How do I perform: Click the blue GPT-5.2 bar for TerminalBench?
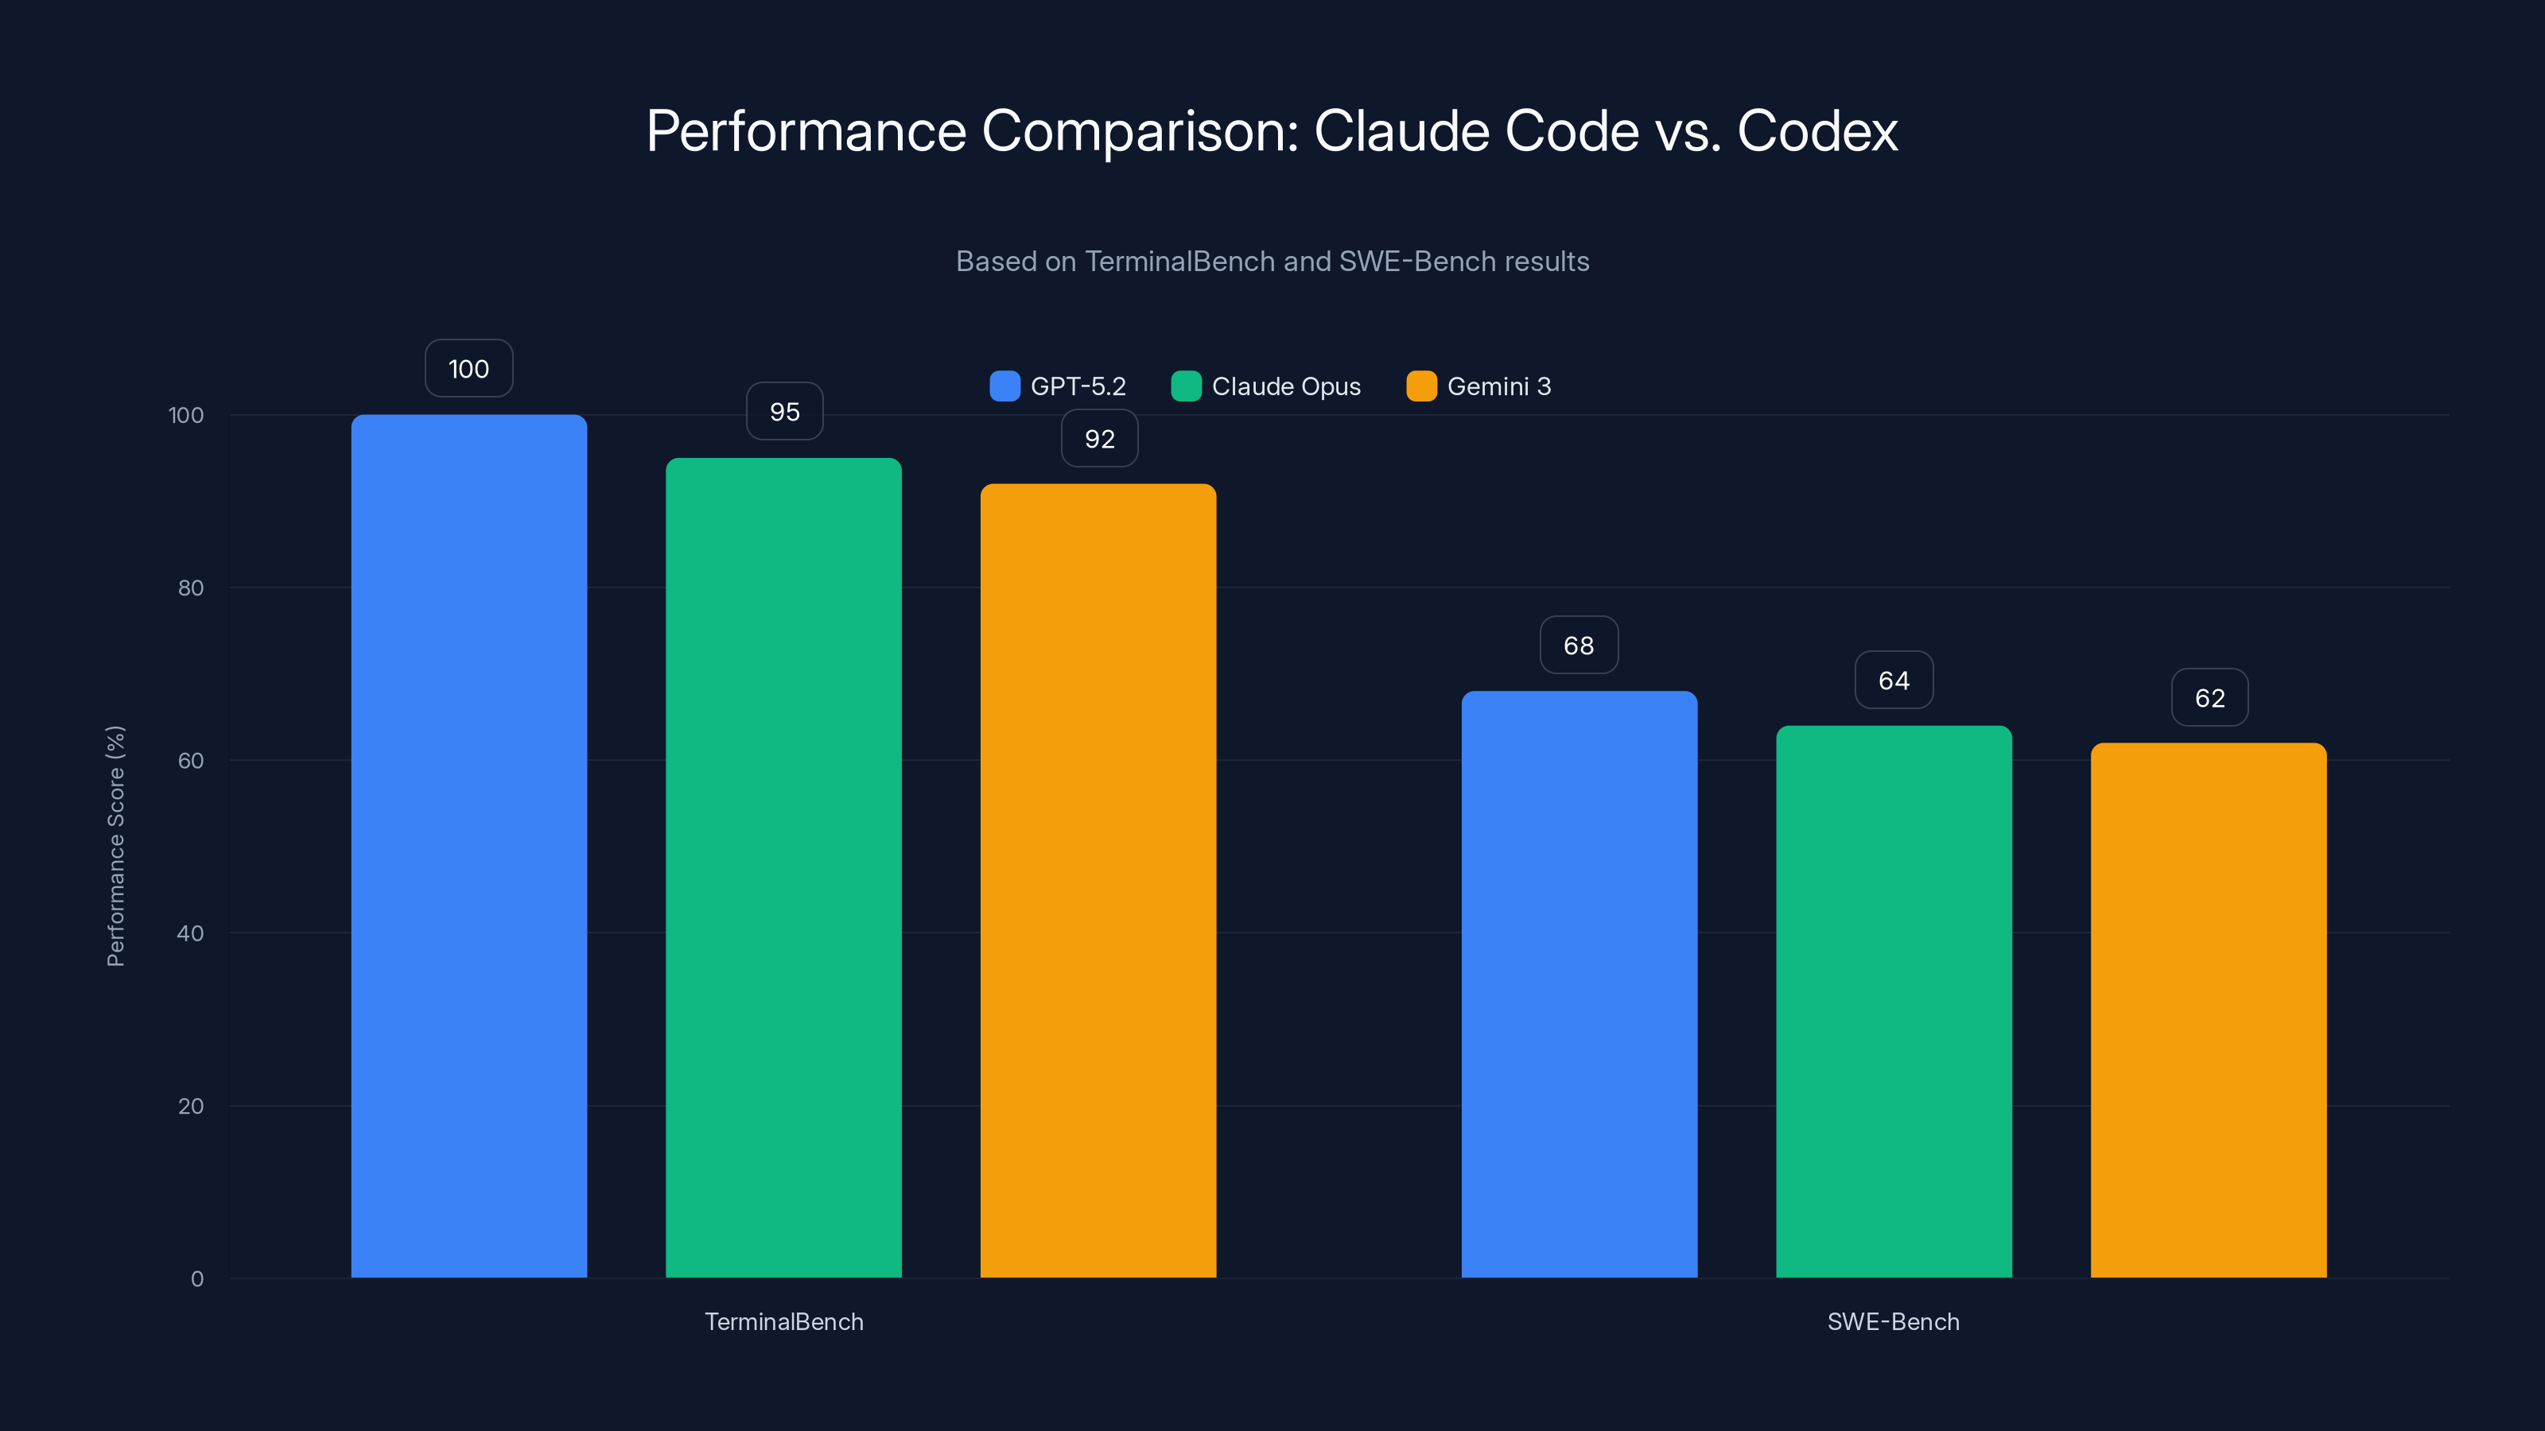[x=468, y=845]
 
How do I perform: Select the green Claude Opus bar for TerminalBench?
[x=783, y=867]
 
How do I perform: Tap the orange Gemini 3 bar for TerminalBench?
[x=1098, y=880]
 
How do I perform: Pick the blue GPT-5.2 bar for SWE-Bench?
[x=1579, y=983]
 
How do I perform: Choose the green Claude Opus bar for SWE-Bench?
[x=1894, y=1002]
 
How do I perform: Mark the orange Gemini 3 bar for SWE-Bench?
[x=2208, y=1010]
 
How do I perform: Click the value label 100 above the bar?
[x=468, y=368]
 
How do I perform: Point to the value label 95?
[x=784, y=411]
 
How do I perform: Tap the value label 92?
[x=1100, y=439]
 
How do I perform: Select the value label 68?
[x=1579, y=645]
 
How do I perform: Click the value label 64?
[x=1894, y=681]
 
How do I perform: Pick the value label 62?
[x=2210, y=698]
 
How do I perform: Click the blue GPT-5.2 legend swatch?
[x=1004, y=386]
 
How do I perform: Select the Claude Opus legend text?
[x=1286, y=386]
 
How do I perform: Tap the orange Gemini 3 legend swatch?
[x=1420, y=386]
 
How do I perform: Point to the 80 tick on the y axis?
[x=191, y=588]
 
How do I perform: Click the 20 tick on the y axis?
[x=191, y=1106]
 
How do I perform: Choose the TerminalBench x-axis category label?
[x=783, y=1321]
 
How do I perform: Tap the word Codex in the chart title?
[x=1816, y=130]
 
